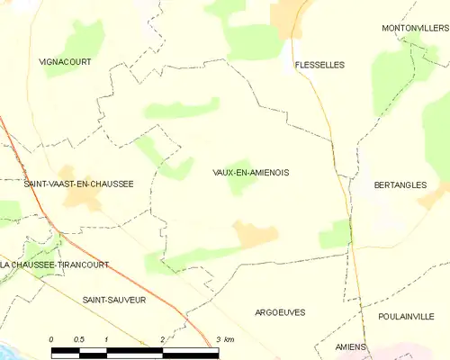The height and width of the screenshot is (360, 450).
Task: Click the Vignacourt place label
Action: pos(65,62)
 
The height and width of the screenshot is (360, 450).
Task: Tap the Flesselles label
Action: pos(319,65)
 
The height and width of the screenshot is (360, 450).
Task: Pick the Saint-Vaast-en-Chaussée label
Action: pos(79,184)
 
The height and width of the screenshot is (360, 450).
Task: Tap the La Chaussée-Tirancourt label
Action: pos(55,265)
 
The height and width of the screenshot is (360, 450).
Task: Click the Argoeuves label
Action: pos(279,312)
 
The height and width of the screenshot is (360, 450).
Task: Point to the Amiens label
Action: pos(351,346)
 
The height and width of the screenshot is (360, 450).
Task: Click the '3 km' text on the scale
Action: pos(225,338)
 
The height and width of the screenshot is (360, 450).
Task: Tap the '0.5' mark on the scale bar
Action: pos(79,338)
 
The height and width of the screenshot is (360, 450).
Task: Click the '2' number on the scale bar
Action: pos(162,338)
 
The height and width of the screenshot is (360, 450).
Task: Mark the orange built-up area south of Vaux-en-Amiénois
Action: pos(255,235)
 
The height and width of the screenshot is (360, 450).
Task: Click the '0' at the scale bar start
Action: pos(51,338)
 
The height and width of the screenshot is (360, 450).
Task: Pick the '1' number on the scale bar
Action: pos(106,338)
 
